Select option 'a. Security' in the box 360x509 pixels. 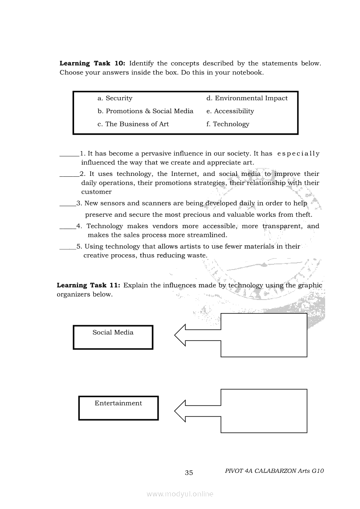coord(115,98)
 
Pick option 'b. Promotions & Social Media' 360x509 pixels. coord(145,111)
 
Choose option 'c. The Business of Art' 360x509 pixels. coord(133,124)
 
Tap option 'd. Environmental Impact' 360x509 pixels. coord(247,98)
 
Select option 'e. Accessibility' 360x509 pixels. coord(230,111)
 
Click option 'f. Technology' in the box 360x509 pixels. coord(228,124)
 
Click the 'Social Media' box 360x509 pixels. coord(113,337)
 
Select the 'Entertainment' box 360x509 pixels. coord(118,408)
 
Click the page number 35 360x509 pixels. coord(189,473)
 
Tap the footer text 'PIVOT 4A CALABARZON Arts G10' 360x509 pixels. coord(275,471)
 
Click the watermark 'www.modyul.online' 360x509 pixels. coord(180,494)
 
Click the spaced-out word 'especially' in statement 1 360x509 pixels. coord(298,154)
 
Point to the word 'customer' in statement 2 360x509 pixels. coord(96,192)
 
